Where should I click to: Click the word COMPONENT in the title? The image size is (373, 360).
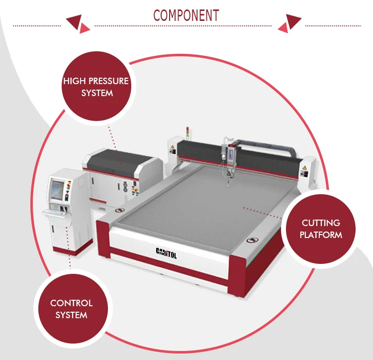tap(186, 15)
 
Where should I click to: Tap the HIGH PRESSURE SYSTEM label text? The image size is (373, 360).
tap(96, 87)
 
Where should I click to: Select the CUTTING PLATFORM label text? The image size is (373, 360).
tap(321, 229)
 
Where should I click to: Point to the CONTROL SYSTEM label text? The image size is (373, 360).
tap(71, 309)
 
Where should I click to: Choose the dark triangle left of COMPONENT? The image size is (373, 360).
tap(74, 20)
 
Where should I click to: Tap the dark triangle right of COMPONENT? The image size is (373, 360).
tap(293, 21)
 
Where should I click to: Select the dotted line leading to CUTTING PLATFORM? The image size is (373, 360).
tap(264, 212)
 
